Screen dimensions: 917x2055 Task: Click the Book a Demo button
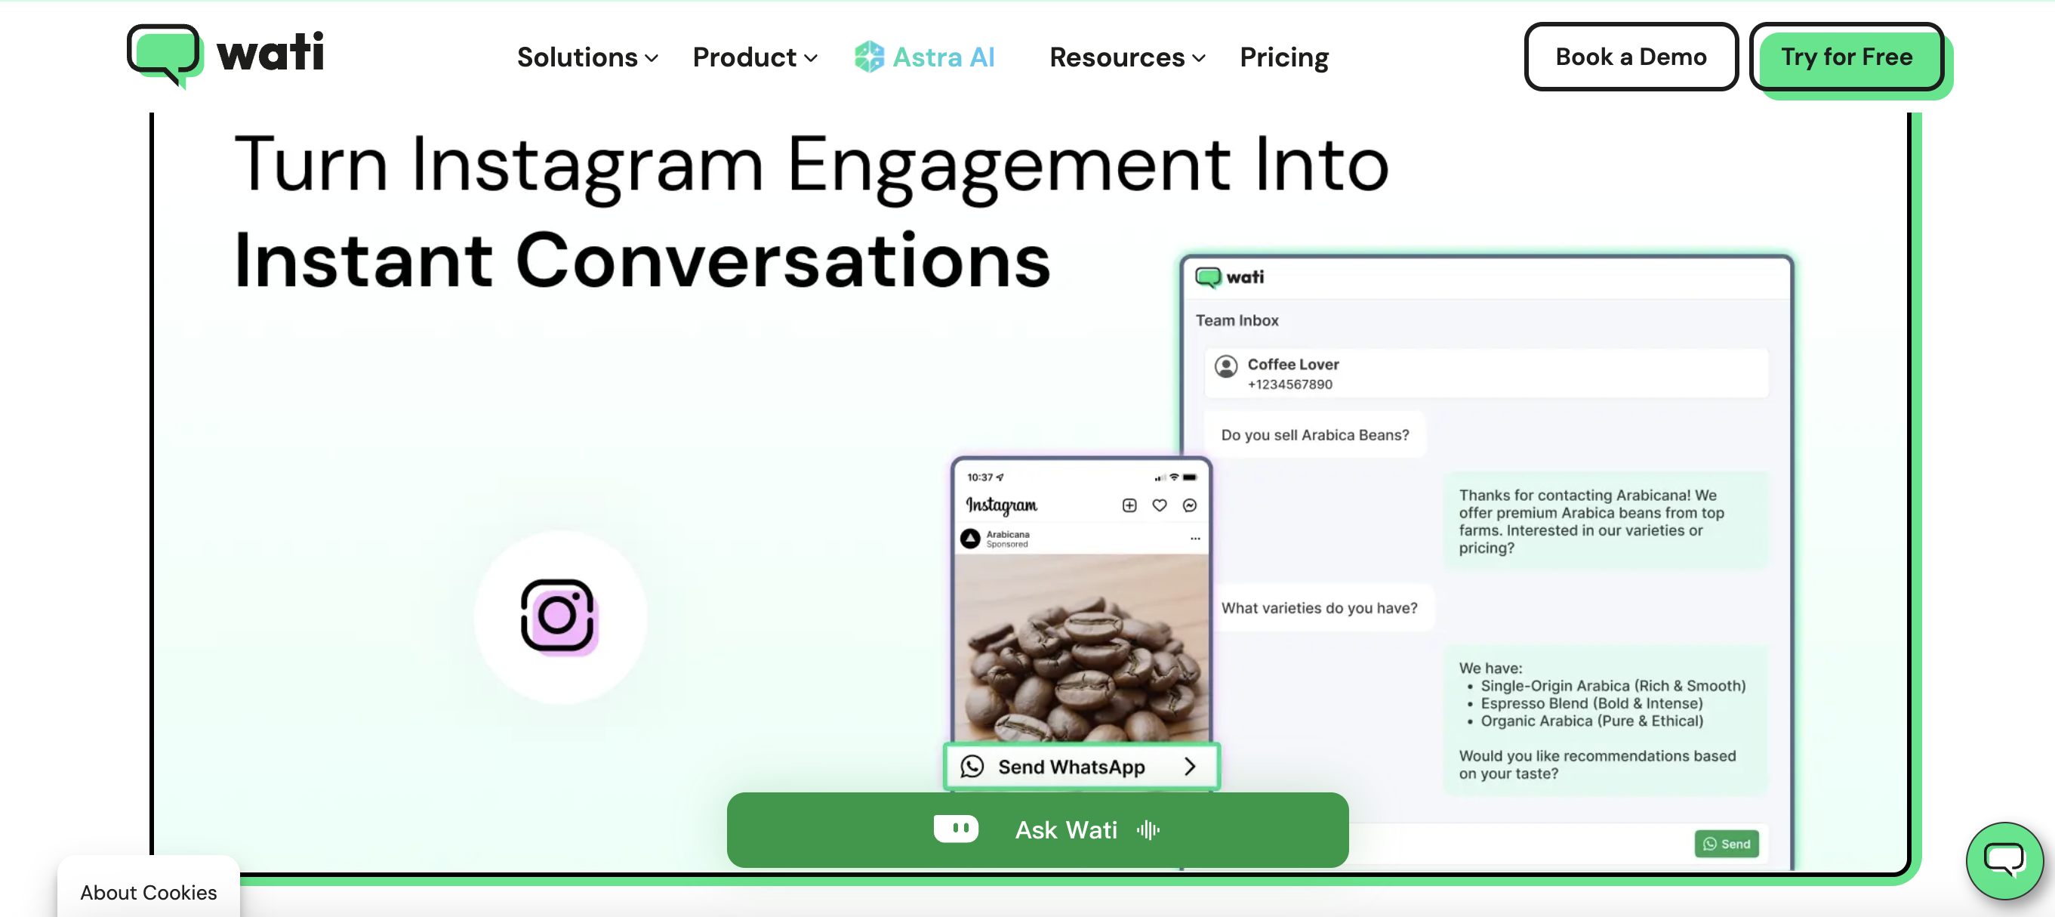pos(1630,57)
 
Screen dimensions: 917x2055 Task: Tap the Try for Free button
pos(1846,57)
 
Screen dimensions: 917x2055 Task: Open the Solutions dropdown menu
pos(587,57)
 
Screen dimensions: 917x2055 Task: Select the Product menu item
pos(754,57)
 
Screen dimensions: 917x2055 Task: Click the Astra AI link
pos(925,57)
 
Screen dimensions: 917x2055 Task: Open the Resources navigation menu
pos(1126,57)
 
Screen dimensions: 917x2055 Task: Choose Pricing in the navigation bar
pos(1283,57)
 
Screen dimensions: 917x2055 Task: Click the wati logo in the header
pos(226,54)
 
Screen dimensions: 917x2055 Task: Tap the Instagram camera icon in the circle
pos(559,616)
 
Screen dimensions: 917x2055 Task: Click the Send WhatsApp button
pos(1081,766)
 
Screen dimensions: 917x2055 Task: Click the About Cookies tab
pos(149,891)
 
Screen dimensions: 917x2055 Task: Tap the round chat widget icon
pos(2003,860)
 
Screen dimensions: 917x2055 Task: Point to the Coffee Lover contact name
pos(1292,364)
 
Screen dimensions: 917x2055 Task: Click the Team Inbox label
pos(1237,320)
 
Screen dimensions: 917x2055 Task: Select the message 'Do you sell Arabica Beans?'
pos(1314,435)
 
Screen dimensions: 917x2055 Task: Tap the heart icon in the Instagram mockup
pos(1159,505)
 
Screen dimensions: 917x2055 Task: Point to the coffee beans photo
pos(1081,647)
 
